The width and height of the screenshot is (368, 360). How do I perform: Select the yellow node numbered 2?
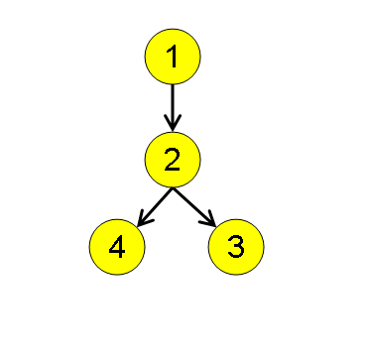[x=174, y=159]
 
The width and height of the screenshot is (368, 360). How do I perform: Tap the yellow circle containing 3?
[x=236, y=247]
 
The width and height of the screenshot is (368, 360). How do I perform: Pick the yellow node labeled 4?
[x=117, y=247]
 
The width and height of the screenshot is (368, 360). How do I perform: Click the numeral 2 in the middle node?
[x=174, y=159]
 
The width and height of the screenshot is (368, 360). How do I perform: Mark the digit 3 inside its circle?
[x=236, y=247]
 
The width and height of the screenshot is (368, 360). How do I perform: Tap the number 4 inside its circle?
[x=117, y=247]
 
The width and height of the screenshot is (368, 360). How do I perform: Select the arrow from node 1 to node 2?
[x=174, y=107]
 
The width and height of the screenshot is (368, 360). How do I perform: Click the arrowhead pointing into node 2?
[x=174, y=124]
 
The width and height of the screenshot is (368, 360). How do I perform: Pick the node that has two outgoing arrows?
[x=174, y=159]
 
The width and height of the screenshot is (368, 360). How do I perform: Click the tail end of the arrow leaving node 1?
[x=174, y=86]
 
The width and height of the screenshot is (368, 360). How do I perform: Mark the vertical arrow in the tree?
[x=174, y=107]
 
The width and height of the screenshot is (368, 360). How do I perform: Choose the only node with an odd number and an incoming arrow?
[x=236, y=247]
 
